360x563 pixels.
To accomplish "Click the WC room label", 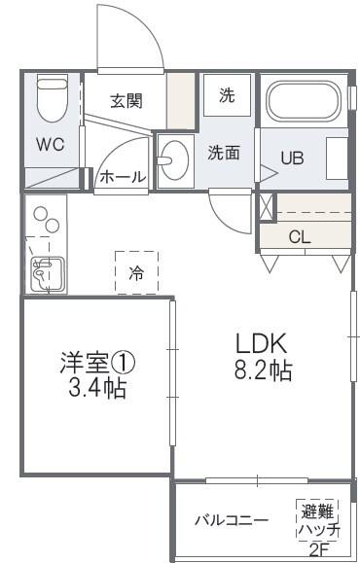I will pyautogui.click(x=51, y=145).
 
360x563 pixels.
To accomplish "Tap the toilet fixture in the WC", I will pyautogui.click(x=50, y=98).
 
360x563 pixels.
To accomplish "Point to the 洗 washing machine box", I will pyautogui.click(x=226, y=95).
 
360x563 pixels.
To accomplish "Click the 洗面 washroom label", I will pyautogui.click(x=224, y=152).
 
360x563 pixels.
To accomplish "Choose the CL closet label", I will pyautogui.click(x=300, y=236).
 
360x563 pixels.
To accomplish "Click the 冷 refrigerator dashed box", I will pyautogui.click(x=136, y=273).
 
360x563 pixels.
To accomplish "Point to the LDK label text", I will pyautogui.click(x=261, y=343).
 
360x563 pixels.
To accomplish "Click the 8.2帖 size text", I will pyautogui.click(x=261, y=370).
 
